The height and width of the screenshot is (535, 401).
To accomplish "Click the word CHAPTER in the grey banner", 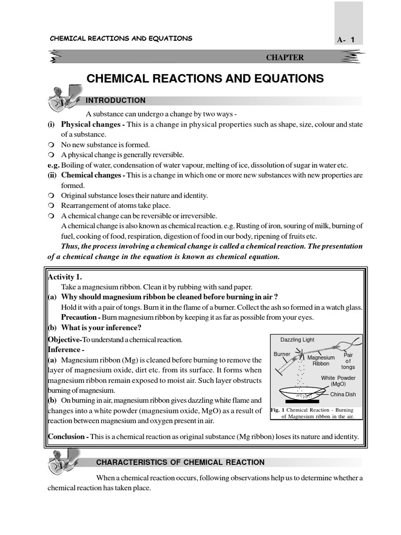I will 285,57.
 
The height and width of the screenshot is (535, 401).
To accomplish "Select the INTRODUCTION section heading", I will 115,100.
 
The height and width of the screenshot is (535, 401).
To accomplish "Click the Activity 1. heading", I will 65,277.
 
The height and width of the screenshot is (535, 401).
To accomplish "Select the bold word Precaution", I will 79,317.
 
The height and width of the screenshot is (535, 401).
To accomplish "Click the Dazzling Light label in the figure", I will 297,340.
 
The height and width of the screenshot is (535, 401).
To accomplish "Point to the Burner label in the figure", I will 282,354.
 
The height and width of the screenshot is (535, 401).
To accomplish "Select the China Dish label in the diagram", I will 343,394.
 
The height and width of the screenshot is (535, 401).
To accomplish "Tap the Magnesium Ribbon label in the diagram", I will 321,360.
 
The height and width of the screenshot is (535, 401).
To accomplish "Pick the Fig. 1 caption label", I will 277,410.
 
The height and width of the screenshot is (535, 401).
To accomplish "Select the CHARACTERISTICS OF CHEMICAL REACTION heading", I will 180,462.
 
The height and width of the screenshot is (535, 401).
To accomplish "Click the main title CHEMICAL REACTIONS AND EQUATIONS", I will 205,79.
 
